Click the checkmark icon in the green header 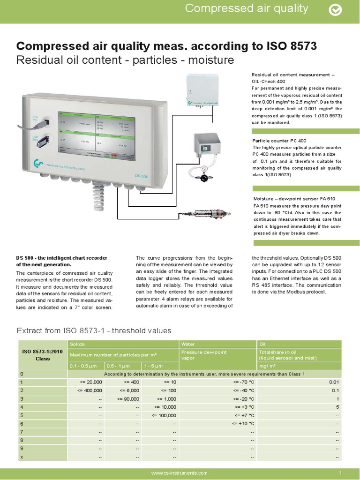point(335,10)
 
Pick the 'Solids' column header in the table point(77,345)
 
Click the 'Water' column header point(188,345)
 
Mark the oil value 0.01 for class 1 point(334,382)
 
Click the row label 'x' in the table point(22,457)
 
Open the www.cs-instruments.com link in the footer point(180,473)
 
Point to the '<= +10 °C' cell point(243,423)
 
